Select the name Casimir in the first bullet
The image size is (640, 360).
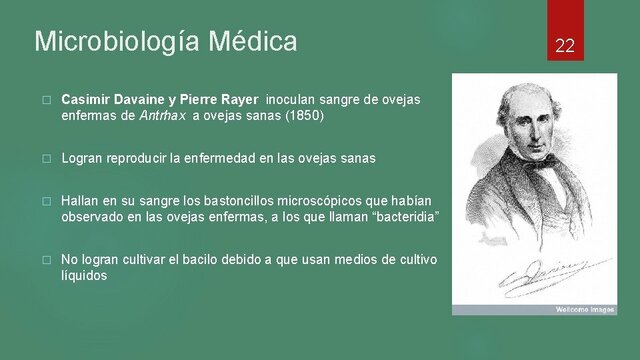[86, 100]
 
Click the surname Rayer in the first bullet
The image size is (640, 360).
[239, 100]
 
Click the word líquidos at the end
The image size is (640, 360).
[84, 276]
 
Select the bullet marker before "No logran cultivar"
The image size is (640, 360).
[45, 260]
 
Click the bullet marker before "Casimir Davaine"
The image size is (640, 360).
[45, 101]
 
